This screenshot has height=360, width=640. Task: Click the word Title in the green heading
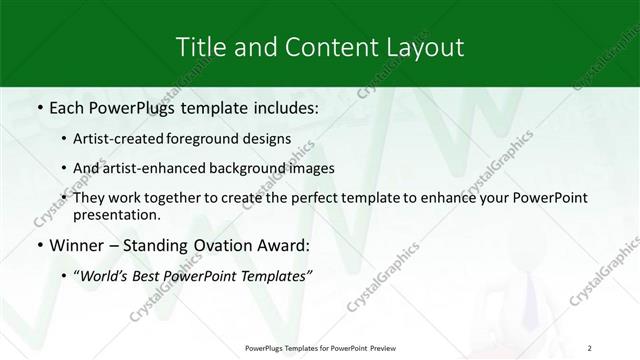pos(200,46)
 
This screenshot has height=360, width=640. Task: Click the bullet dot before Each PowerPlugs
pos(38,106)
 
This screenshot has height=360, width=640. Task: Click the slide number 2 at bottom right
pos(591,348)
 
